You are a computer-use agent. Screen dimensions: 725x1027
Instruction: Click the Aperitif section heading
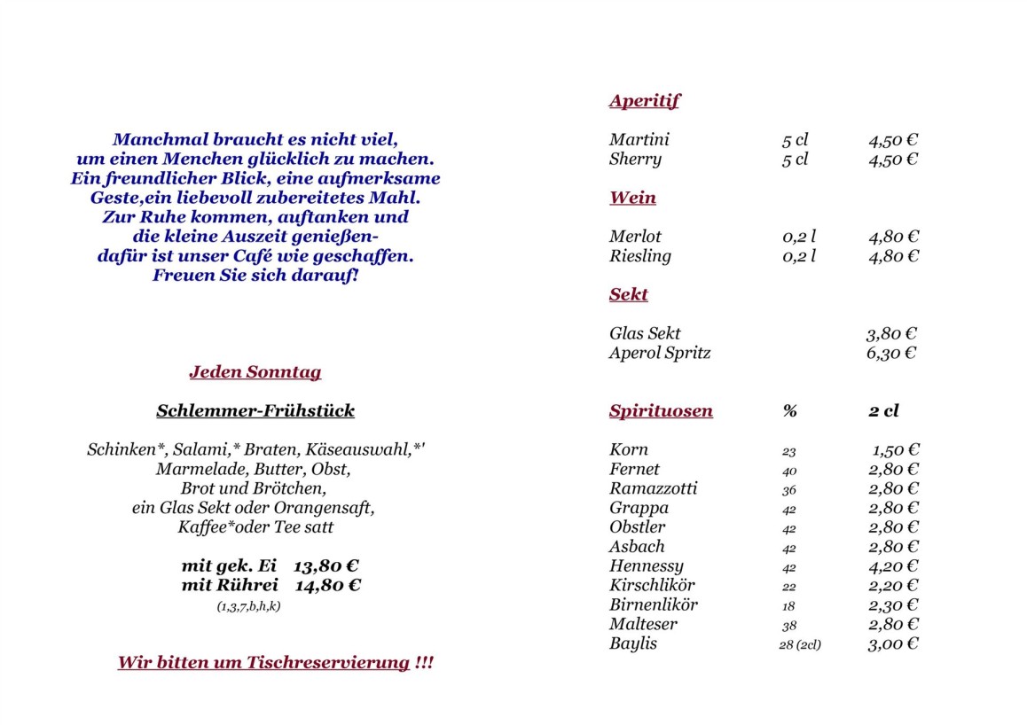[x=644, y=101]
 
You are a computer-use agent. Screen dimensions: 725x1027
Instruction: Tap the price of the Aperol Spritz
[x=891, y=353]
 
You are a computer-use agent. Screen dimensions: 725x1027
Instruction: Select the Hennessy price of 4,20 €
[x=893, y=566]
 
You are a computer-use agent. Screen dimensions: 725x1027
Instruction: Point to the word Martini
[x=639, y=140]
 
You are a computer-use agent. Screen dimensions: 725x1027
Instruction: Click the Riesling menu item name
[x=639, y=256]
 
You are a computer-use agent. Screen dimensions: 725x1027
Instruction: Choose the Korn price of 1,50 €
[x=895, y=450]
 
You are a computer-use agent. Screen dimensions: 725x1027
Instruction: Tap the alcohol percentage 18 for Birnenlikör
[x=788, y=605]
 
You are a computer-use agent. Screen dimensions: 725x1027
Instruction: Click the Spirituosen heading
[x=661, y=411]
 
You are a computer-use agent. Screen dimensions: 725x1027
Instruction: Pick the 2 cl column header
[x=882, y=411]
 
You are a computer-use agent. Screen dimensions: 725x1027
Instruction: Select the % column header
[x=789, y=411]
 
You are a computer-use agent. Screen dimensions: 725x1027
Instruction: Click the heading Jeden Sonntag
[x=255, y=372]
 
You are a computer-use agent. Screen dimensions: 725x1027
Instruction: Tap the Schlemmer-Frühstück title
[x=255, y=411]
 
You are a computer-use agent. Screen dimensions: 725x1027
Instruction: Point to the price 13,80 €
[x=326, y=566]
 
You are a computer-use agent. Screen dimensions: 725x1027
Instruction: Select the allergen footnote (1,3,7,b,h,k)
[x=248, y=606]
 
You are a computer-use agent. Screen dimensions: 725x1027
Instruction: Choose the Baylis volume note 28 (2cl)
[x=799, y=644]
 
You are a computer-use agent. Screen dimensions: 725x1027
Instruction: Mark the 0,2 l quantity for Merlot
[x=799, y=237]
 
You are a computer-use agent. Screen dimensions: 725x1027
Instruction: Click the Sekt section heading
[x=628, y=295]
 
